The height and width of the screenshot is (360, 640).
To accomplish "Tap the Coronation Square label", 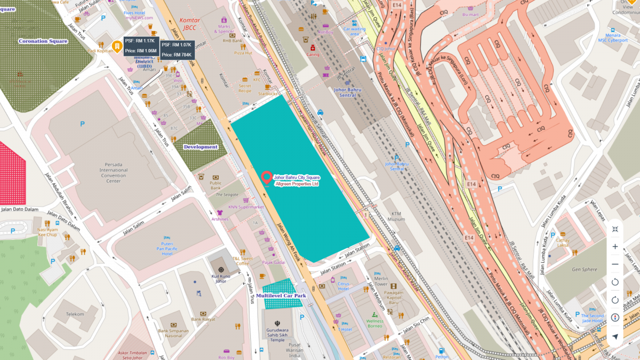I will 43,41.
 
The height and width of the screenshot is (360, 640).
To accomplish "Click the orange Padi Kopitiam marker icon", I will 116,47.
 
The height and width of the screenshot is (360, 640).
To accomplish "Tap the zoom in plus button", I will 615,246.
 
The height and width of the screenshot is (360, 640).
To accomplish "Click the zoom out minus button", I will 615,264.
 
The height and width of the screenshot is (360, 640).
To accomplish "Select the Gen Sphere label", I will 585,269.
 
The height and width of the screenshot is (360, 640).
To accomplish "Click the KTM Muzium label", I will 396,216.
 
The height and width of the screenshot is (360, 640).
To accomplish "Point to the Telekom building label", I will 75,314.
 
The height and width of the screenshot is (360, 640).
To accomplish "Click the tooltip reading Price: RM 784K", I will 177,54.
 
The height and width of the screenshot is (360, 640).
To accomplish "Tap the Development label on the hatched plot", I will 200,147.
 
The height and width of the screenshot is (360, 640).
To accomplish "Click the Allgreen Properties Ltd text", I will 296,183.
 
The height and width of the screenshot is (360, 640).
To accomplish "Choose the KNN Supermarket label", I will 246,207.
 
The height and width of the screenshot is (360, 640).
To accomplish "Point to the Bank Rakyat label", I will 203,319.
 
